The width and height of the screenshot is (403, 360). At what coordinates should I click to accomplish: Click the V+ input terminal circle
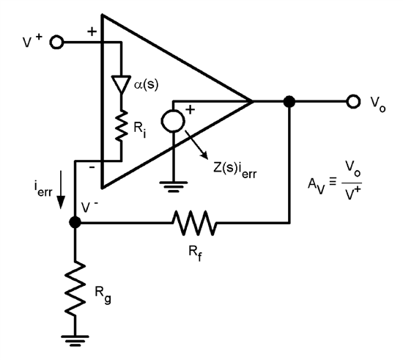(x=57, y=43)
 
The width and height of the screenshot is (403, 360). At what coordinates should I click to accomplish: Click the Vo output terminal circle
(x=353, y=101)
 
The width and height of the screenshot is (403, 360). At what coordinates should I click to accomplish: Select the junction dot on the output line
(x=290, y=101)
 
